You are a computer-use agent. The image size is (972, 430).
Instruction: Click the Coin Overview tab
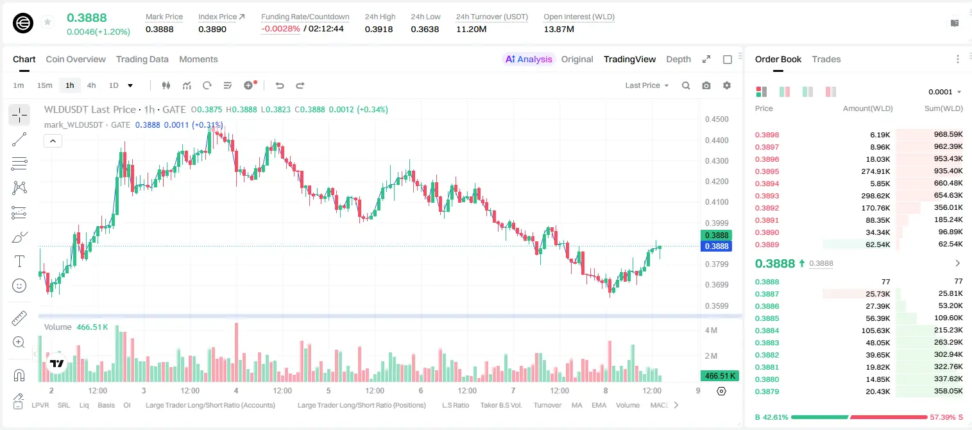76,59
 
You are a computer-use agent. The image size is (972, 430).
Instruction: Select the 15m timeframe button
45,85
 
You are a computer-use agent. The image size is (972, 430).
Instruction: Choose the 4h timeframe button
91,85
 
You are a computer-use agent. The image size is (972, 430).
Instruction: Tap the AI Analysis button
529,59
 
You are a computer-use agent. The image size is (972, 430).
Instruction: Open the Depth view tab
678,59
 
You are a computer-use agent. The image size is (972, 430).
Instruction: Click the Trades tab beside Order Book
826,59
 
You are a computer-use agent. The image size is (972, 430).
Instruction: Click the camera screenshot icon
706,85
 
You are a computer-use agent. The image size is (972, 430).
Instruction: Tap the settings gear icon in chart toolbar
727,85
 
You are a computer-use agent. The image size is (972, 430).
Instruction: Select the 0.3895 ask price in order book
767,171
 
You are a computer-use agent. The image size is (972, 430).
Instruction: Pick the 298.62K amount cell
876,196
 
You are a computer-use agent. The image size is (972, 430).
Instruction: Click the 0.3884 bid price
767,331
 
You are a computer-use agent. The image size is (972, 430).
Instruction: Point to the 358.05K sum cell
948,391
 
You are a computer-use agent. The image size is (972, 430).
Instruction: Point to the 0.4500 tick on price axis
717,119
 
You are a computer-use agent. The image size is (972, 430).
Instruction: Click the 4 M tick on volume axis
712,331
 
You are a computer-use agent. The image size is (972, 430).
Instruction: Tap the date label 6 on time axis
420,390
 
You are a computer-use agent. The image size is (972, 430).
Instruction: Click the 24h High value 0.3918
379,29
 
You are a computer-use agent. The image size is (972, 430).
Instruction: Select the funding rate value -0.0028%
280,29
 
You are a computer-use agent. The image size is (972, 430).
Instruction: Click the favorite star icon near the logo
47,22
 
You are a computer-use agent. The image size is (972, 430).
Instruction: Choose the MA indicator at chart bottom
577,405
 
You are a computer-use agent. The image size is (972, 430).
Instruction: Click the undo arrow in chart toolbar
280,85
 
